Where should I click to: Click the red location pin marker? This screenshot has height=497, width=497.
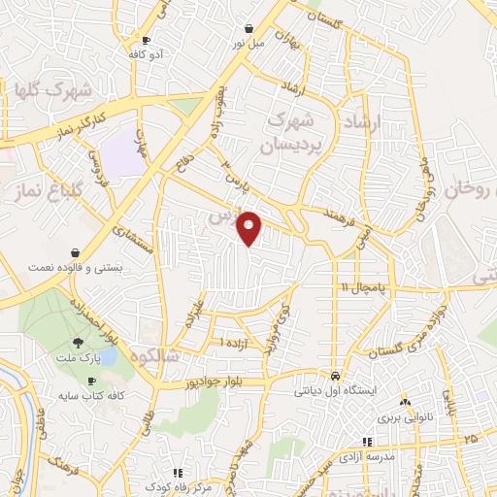click(250, 229)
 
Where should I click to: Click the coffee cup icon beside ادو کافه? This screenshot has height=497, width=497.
click(147, 40)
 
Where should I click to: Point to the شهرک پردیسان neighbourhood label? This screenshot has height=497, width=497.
click(296, 134)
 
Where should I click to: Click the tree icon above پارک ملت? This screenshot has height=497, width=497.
click(78, 342)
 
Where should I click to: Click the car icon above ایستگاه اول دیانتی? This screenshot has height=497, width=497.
click(335, 375)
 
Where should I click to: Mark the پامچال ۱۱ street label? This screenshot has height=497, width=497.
click(363, 287)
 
